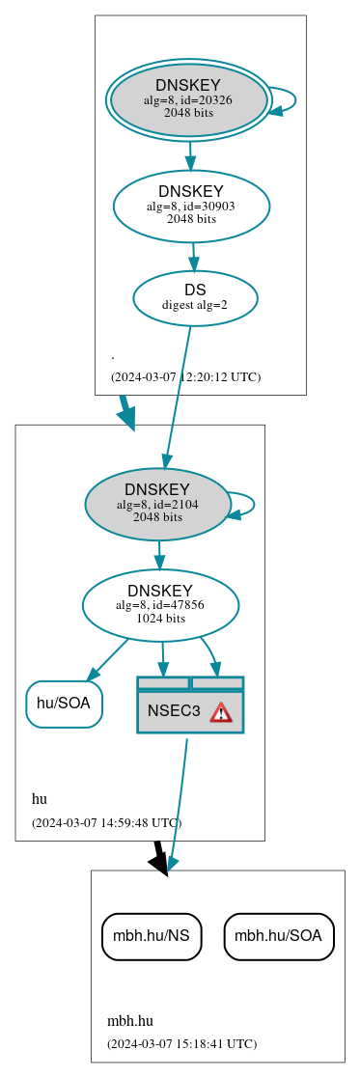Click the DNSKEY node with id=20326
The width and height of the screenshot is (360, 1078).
pyautogui.click(x=189, y=100)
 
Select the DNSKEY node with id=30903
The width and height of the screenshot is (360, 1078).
pyautogui.click(x=191, y=206)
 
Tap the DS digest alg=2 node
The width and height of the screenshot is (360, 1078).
pyautogui.click(x=195, y=297)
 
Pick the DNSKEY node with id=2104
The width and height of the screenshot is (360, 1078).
pyautogui.click(x=157, y=504)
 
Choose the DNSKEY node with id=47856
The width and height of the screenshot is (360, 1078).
pyautogui.click(x=160, y=605)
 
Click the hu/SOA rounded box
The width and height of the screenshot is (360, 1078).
pyautogui.click(x=64, y=704)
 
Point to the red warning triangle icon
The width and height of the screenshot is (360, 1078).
pyautogui.click(x=221, y=712)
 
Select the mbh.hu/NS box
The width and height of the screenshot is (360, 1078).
pyautogui.click(x=152, y=936)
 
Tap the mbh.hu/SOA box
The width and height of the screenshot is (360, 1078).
pyautogui.click(x=279, y=936)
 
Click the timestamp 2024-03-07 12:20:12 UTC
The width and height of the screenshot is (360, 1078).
pyautogui.click(x=185, y=376)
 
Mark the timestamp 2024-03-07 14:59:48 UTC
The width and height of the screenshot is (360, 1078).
pyautogui.click(x=106, y=822)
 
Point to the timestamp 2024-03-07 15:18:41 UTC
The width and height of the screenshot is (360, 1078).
pyautogui.click(x=181, y=1043)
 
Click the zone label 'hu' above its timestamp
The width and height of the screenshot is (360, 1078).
pyautogui.click(x=40, y=799)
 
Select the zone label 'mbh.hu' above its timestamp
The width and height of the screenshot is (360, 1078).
pyautogui.click(x=130, y=1020)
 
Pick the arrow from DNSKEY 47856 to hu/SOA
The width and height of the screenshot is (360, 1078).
pyautogui.click(x=107, y=659)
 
